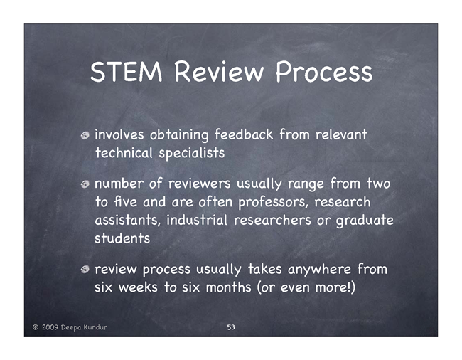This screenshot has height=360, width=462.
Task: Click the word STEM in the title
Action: pyautogui.click(x=127, y=71)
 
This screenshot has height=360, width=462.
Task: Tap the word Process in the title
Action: pyautogui.click(x=324, y=72)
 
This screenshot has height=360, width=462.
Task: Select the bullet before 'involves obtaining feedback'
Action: pyautogui.click(x=85, y=135)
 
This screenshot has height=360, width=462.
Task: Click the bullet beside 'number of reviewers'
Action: pyautogui.click(x=85, y=184)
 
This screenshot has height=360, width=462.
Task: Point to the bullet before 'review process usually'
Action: pyautogui.click(x=85, y=270)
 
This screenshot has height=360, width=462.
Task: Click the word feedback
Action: pyautogui.click(x=244, y=134)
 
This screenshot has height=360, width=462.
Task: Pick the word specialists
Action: pyautogui.click(x=192, y=153)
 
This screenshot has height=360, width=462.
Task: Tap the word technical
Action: pyautogui.click(x=124, y=153)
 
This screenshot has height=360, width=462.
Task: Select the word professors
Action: pyautogui.click(x=273, y=203)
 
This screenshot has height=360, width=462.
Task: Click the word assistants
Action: pyautogui.click(x=128, y=221)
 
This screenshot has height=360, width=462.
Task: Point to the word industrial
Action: pyautogui.click(x=197, y=220)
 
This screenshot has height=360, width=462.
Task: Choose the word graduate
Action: pyautogui.click(x=365, y=221)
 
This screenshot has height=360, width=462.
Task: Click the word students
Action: pyautogui.click(x=122, y=238)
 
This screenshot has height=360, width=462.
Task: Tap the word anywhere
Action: pyautogui.click(x=319, y=270)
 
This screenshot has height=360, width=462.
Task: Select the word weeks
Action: pyautogui.click(x=138, y=287)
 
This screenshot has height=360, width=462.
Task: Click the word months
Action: pyautogui.click(x=228, y=287)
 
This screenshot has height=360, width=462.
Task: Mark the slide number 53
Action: pyautogui.click(x=231, y=327)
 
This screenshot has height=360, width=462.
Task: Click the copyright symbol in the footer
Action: pyautogui.click(x=36, y=327)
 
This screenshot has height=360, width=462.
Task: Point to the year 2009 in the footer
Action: pyautogui.click(x=50, y=327)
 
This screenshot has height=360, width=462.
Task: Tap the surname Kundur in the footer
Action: pyautogui.click(x=95, y=327)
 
